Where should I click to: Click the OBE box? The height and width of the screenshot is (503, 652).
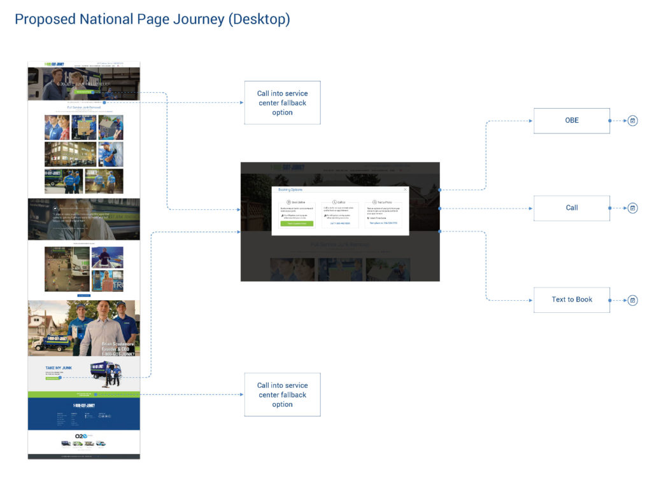[571, 120]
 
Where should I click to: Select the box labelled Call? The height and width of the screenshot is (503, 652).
[571, 208]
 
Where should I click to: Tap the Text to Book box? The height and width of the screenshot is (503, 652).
[571, 300]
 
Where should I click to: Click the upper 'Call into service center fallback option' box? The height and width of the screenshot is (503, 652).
[282, 102]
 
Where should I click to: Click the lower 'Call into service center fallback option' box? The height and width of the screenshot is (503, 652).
[282, 394]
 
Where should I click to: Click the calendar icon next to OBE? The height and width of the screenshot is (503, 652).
[632, 120]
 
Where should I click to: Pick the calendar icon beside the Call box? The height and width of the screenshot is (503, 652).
[632, 208]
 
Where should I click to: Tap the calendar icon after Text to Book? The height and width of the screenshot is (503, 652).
[632, 300]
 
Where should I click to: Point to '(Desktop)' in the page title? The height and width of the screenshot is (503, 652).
[259, 19]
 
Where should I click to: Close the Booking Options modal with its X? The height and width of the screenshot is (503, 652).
[405, 189]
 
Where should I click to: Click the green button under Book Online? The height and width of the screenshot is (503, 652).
[297, 223]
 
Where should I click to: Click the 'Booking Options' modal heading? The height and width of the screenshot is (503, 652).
[290, 189]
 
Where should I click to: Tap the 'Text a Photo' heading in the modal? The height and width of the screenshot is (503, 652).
[384, 202]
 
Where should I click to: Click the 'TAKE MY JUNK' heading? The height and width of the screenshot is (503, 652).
[59, 368]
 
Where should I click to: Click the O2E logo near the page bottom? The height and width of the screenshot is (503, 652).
[81, 436]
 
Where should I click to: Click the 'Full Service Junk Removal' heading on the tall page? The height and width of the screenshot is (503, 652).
[84, 107]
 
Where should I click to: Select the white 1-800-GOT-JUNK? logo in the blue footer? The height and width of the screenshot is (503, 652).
[83, 405]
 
